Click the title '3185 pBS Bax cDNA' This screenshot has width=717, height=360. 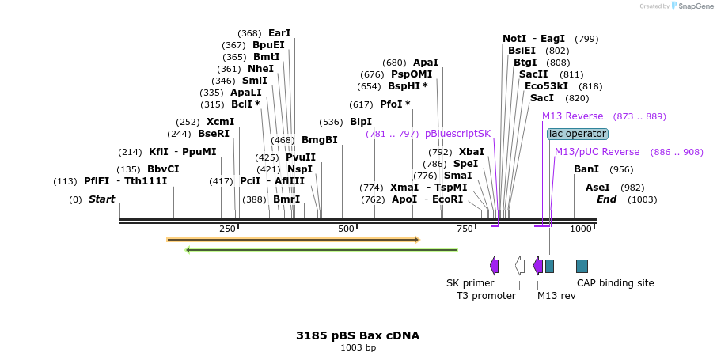pos(358,335)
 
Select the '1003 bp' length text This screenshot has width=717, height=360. pos(358,347)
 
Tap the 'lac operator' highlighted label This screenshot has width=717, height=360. pos(578,134)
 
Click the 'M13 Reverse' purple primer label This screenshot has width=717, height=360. pos(572,116)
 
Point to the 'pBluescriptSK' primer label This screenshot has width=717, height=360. pos(457,134)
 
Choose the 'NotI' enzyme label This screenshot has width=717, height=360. pos(514,39)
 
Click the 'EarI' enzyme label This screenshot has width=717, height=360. pos(279,33)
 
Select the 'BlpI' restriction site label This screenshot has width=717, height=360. pos(361,122)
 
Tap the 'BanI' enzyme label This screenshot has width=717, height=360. pos(586,169)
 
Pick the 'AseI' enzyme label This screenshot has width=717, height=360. pos(597,188)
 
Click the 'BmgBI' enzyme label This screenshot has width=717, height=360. pos(320,140)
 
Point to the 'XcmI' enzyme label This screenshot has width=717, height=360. pos(221,122)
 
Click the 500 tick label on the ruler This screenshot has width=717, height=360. pos(346,229)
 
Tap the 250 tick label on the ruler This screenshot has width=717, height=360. pos(227,229)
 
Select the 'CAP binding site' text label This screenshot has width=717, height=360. pos(615,282)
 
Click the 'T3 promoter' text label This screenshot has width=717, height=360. pos(486,296)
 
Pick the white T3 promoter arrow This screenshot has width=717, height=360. pos(519,266)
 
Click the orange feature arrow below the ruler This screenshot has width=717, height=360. pos(293,239)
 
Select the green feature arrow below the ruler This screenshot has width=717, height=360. pos(321,250)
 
